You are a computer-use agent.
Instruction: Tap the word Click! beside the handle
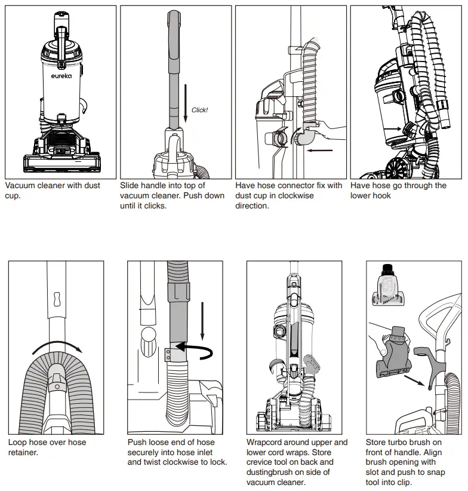pyautogui.click(x=199, y=111)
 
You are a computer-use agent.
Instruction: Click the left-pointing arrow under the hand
pyautogui.click(x=321, y=150)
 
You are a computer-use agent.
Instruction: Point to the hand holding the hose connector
pyautogui.click(x=327, y=127)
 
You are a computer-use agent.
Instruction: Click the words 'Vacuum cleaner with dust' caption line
pyautogui.click(x=53, y=186)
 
